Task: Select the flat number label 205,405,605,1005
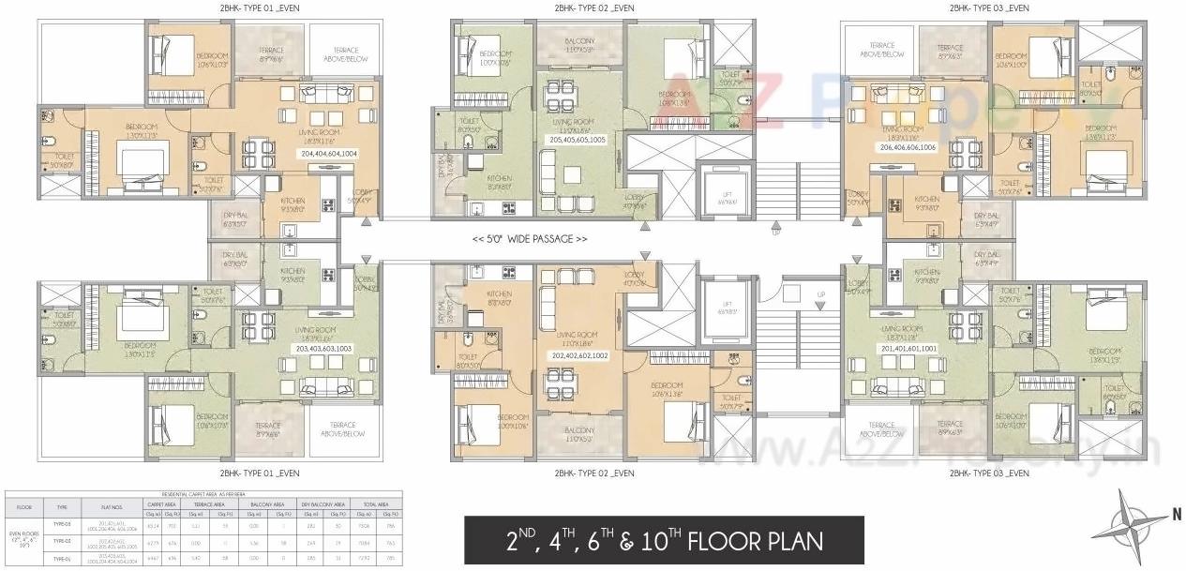[x=578, y=139]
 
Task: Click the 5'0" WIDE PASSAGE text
[x=530, y=239]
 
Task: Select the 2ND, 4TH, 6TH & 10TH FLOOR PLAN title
[x=664, y=541]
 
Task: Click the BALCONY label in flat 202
[x=580, y=433]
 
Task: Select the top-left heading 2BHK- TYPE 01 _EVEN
[x=260, y=8]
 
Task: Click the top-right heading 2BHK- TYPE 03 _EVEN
[x=988, y=8]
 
